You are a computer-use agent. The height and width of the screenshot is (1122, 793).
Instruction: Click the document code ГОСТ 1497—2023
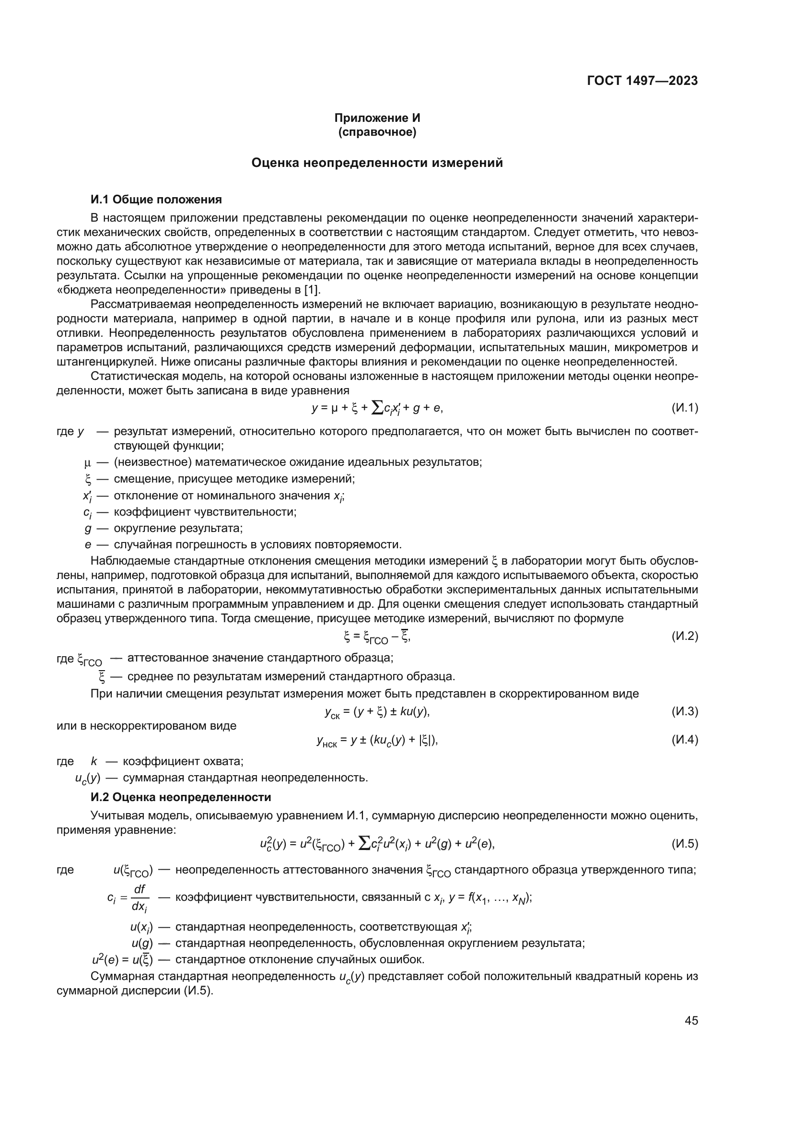point(642,81)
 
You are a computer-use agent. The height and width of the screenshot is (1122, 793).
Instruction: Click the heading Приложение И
point(377,118)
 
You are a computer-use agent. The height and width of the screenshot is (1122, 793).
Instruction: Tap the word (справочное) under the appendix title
point(377,132)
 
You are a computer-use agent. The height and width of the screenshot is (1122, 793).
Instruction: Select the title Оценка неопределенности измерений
point(377,163)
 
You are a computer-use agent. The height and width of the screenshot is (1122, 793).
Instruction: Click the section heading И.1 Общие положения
point(156,200)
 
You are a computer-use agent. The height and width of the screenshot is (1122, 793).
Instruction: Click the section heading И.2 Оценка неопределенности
point(181,797)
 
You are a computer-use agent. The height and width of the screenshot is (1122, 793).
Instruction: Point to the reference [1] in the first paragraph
point(312,290)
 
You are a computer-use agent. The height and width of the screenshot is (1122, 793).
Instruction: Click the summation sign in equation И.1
point(377,407)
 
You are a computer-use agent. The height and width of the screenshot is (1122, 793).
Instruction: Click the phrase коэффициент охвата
point(183,761)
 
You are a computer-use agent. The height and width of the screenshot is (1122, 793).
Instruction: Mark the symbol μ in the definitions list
point(88,462)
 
